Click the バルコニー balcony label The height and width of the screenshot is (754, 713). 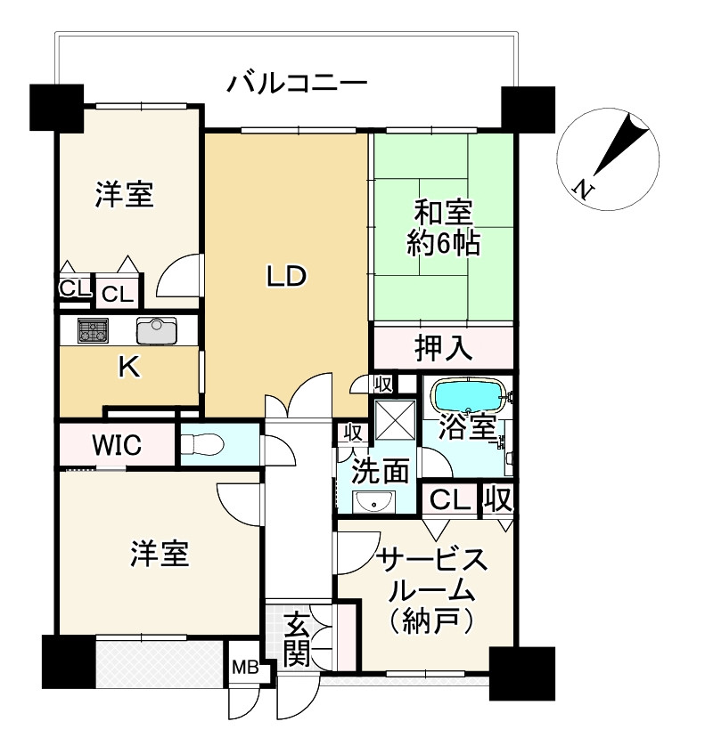[297, 85]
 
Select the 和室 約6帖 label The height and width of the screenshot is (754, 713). [443, 228]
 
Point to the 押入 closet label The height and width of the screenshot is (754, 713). [443, 348]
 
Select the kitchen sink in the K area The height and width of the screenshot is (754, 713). [157, 330]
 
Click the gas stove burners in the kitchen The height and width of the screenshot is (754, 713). [93, 331]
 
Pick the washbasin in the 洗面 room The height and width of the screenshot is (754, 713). [375, 502]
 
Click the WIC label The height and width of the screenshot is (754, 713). [116, 444]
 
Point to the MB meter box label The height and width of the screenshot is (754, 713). [244, 667]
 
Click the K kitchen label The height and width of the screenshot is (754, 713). [129, 368]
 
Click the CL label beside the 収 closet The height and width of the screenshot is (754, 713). [450, 499]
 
